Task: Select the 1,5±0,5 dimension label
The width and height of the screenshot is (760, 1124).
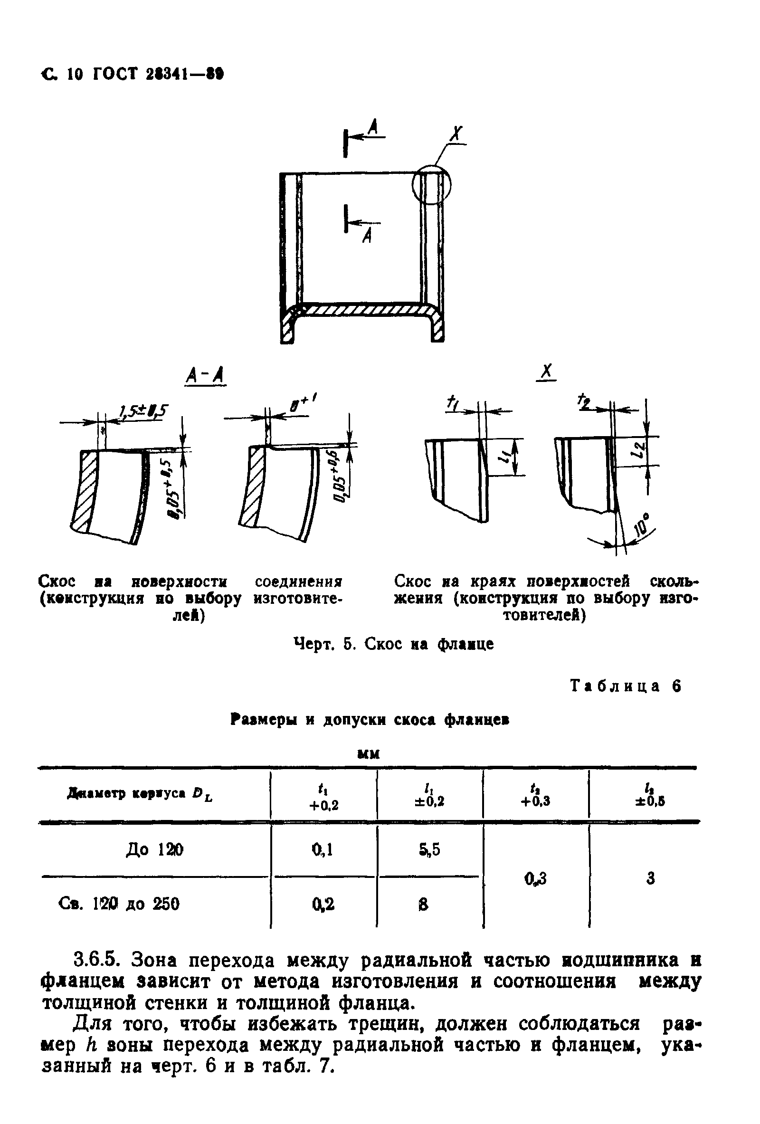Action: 143,411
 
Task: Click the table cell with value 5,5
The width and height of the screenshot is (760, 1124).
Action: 430,850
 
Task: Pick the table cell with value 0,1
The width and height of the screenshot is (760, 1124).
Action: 323,850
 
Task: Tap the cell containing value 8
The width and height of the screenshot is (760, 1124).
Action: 424,904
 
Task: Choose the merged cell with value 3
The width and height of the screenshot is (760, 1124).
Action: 650,877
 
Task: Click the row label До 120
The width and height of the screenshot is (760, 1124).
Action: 154,850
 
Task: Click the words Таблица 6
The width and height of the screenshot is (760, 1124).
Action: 626,686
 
